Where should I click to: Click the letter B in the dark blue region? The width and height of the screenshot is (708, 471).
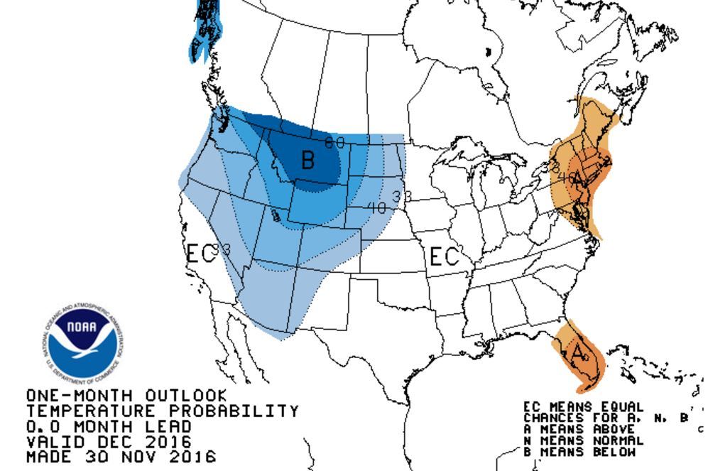coord(307,160)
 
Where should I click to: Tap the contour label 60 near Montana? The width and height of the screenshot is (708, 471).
coord(334,143)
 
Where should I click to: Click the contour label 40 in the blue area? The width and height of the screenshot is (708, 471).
coord(377,208)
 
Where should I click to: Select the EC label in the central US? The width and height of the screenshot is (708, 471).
coord(445,256)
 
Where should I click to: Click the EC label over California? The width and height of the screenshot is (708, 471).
coord(200,254)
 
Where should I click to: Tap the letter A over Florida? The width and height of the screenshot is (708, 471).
coord(579,352)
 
